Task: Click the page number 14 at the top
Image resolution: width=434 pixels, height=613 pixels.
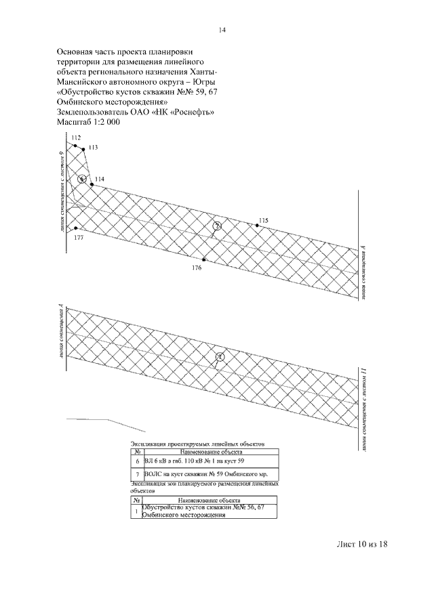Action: pos(221,30)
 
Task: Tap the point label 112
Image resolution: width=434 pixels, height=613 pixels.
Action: pos(76,138)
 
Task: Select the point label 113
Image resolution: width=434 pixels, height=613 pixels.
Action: pos(93,148)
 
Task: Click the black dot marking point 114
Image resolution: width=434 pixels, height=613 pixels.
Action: pos(91,184)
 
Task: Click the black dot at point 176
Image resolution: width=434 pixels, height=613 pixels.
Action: pos(203,259)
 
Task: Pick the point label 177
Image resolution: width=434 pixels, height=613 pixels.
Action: pos(79,238)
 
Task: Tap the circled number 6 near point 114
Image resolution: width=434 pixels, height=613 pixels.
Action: pos(82,179)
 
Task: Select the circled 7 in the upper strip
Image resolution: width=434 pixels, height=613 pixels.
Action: pos(216,226)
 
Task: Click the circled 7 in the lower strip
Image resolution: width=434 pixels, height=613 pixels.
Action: pos(219,356)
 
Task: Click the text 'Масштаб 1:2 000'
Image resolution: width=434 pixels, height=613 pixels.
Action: pos(93,122)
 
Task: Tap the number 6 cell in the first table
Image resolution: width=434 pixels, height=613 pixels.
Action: pos(138,461)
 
